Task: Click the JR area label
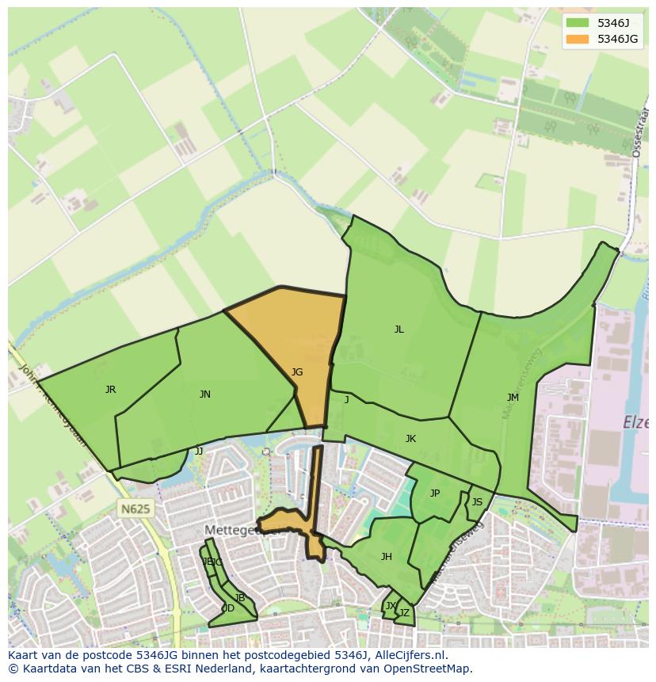(110, 390)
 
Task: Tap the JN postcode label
(204, 394)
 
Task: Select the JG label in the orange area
(296, 372)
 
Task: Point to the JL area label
(399, 330)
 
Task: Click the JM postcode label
(513, 398)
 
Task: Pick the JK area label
(410, 439)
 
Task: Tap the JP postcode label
(434, 493)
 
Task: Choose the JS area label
(477, 502)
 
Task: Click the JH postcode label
(386, 557)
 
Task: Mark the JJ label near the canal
(199, 451)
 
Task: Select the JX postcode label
(390, 606)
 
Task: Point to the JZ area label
(404, 612)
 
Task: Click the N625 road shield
(135, 509)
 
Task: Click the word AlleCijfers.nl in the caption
(408, 655)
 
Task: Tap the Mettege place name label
(231, 529)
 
